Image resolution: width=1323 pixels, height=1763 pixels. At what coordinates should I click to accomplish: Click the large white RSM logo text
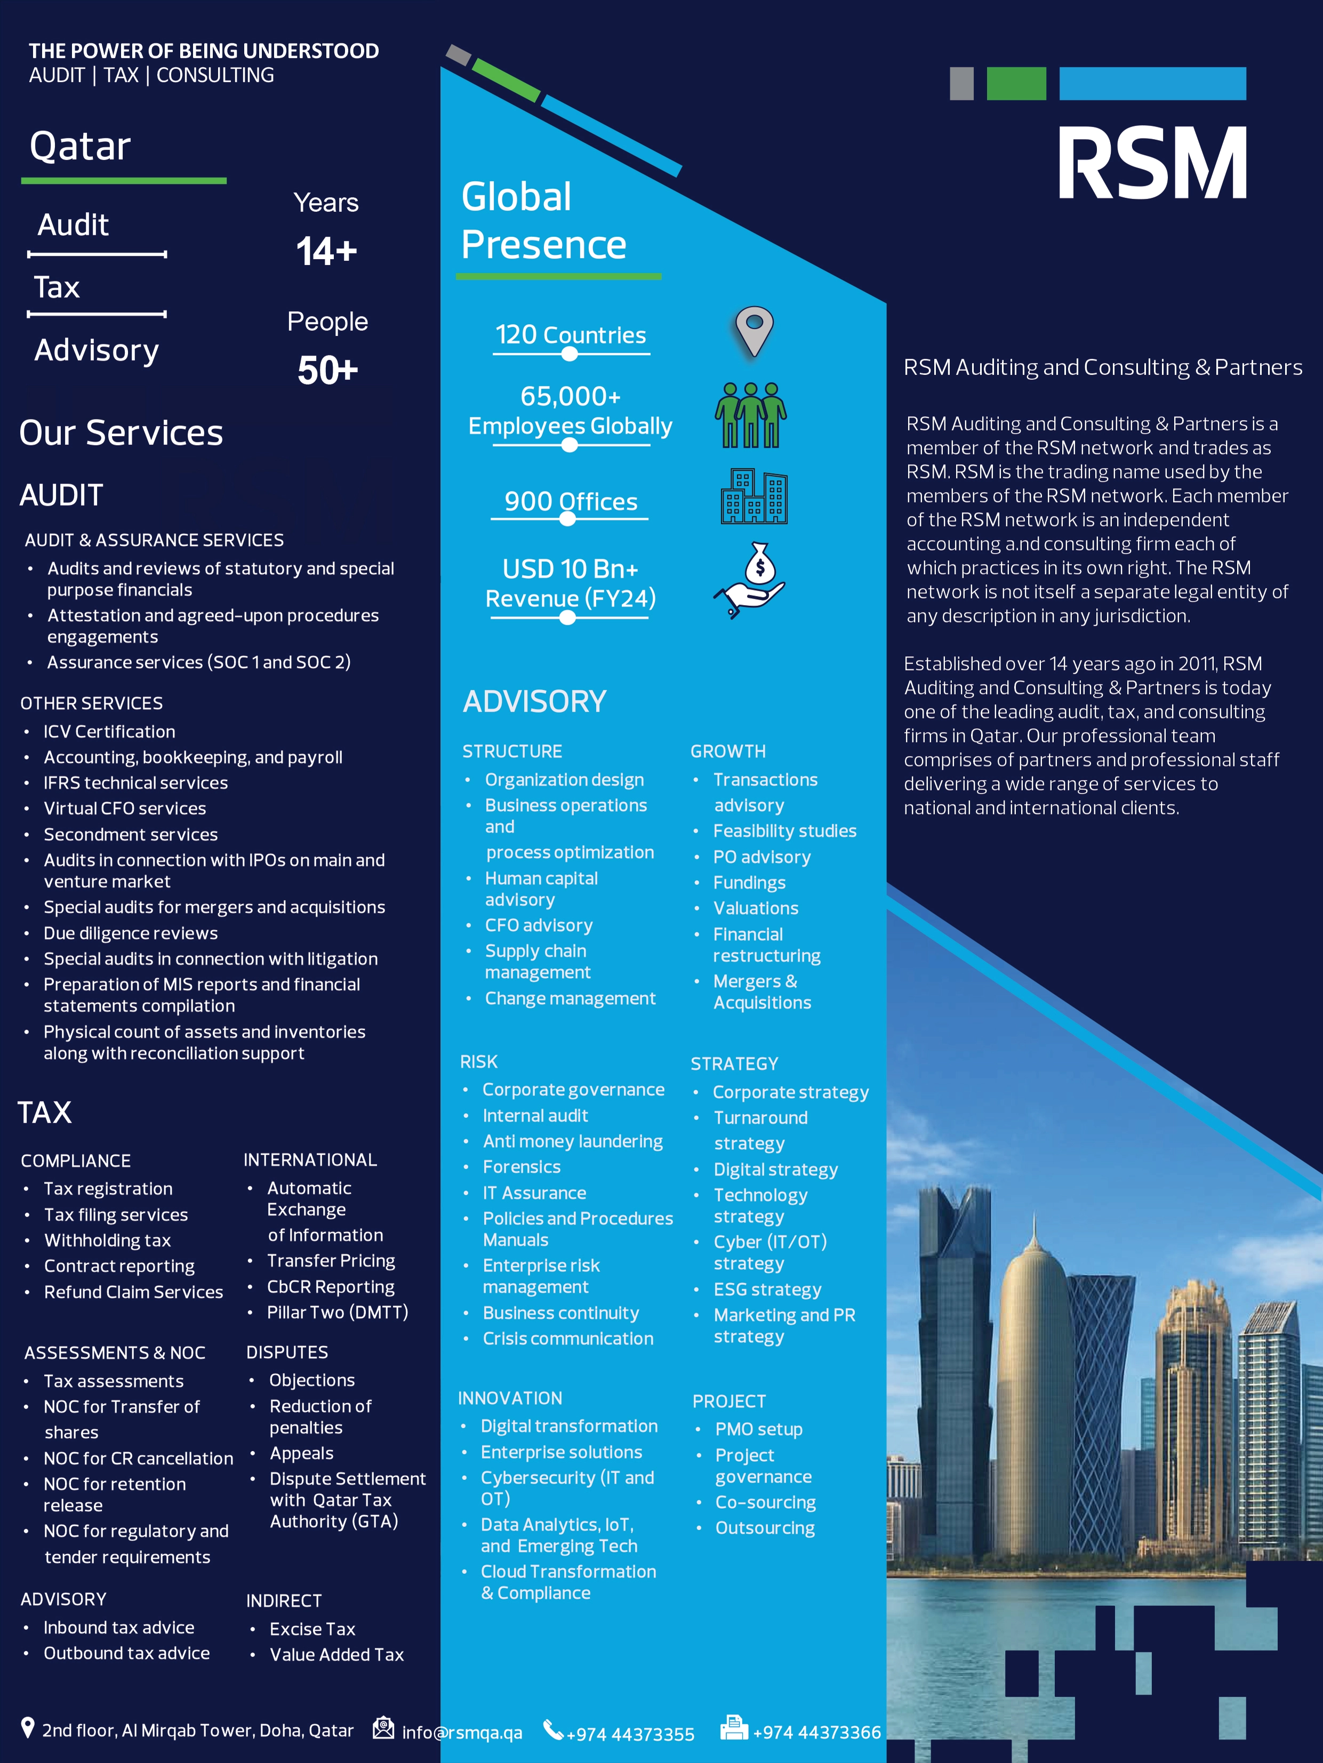click(x=1152, y=163)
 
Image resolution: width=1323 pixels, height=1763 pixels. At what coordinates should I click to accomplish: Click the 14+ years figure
click(x=326, y=252)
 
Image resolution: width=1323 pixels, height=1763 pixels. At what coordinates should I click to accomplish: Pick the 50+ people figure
click(x=327, y=371)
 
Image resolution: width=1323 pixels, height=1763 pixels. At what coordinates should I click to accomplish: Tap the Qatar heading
click(x=81, y=147)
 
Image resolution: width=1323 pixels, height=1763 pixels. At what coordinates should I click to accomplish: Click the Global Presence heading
click(x=543, y=221)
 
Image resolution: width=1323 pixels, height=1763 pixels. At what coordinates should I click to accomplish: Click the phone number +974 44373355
click(x=630, y=1734)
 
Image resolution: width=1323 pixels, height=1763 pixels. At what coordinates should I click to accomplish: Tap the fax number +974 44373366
click(x=816, y=1732)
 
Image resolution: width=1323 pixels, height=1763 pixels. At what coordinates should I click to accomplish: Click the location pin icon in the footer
click(x=28, y=1728)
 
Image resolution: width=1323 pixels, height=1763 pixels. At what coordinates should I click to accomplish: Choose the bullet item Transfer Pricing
click(x=331, y=1260)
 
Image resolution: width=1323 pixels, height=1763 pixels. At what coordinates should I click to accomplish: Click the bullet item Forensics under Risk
click(x=521, y=1167)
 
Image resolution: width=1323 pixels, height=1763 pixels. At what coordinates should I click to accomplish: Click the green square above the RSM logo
click(x=1016, y=84)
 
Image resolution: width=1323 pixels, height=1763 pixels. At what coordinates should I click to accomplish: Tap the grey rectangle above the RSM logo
click(x=961, y=84)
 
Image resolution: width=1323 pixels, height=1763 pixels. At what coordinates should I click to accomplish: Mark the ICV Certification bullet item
click(x=109, y=731)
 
